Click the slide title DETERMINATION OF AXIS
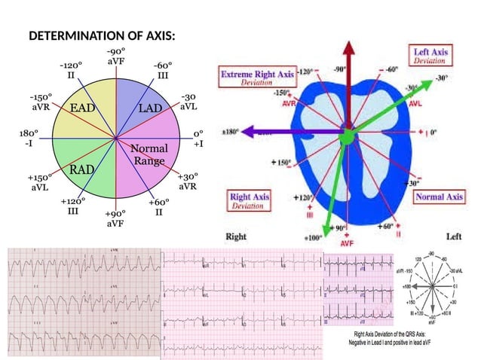[x=102, y=36]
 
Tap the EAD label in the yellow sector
[x=83, y=108]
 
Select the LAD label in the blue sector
[x=150, y=108]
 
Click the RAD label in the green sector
[x=82, y=169]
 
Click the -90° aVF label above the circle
[x=116, y=55]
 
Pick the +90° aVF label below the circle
[x=115, y=218]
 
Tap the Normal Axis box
[x=439, y=197]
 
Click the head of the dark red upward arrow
[x=349, y=47]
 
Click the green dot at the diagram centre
[x=346, y=137]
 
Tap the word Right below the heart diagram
[x=237, y=236]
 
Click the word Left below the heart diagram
[x=454, y=236]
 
